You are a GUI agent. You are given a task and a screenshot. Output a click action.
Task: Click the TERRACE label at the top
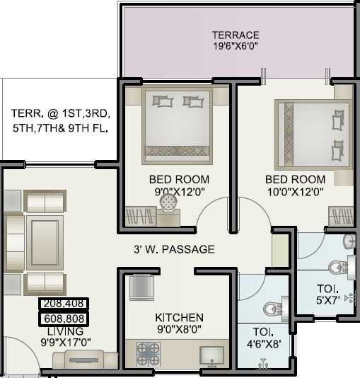[x=236, y=35]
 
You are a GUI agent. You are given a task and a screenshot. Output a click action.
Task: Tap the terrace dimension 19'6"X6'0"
[x=236, y=47]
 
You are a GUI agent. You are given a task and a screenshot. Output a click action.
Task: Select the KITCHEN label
[x=179, y=318]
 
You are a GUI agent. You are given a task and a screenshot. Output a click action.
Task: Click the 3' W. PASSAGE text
[x=174, y=249]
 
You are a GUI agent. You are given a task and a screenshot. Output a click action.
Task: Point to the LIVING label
[x=65, y=331]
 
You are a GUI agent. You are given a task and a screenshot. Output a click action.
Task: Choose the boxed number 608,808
[x=64, y=319]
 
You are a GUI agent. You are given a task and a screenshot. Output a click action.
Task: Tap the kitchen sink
[x=211, y=354]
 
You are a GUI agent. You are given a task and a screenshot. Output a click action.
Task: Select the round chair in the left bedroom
[x=168, y=203]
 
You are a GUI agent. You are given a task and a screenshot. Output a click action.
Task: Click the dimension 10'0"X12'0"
[x=295, y=191]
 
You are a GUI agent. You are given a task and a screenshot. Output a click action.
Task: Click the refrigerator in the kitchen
[x=141, y=287]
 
